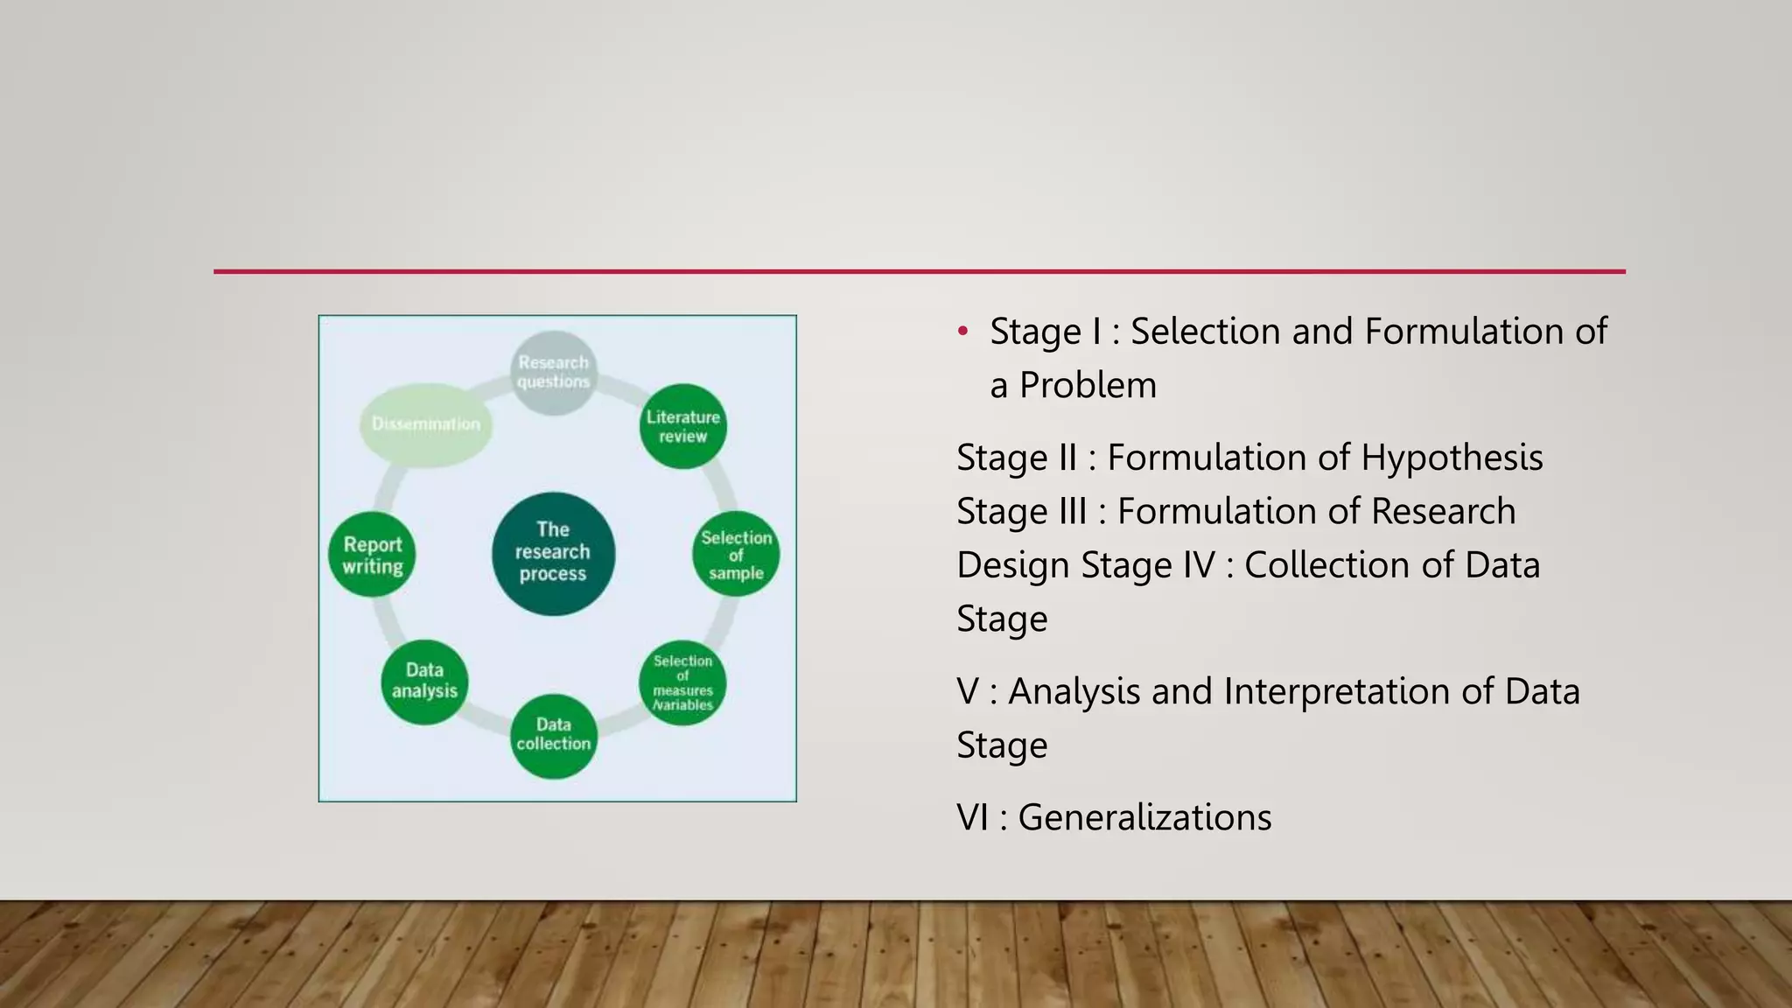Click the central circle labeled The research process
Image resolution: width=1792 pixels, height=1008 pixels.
click(553, 553)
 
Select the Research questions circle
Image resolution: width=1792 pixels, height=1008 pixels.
click(553, 373)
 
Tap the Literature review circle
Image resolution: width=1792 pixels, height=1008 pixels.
click(682, 426)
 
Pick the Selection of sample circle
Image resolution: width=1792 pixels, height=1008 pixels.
click(736, 554)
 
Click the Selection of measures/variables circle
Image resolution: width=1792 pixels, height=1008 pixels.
click(682, 683)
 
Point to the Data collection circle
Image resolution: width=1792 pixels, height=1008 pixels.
click(553, 735)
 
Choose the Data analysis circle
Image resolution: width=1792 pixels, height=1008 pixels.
click(424, 682)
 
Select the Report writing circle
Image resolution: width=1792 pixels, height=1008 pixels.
click(372, 554)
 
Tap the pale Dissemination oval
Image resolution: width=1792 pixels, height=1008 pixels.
click(426, 424)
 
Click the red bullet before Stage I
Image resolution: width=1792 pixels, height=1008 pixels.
click(962, 332)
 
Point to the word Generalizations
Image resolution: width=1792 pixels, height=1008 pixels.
click(1144, 817)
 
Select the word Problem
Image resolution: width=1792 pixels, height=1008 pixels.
click(1088, 386)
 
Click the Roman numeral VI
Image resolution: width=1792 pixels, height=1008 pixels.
click(973, 817)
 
